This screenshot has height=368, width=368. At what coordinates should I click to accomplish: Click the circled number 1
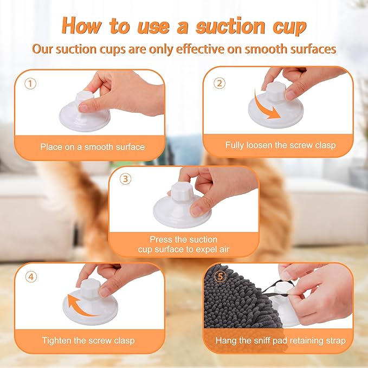tap(31, 84)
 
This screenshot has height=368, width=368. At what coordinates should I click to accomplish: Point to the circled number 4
tap(31, 276)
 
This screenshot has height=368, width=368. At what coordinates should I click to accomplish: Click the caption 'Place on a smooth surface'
tap(92, 146)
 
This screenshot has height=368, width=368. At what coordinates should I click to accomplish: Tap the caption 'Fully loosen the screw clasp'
tap(280, 145)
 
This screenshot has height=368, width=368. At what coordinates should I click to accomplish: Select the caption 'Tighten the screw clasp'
tap(88, 340)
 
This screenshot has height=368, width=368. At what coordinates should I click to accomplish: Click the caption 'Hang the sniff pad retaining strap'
tap(280, 340)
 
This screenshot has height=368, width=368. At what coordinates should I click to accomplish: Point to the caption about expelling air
tap(184, 243)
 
